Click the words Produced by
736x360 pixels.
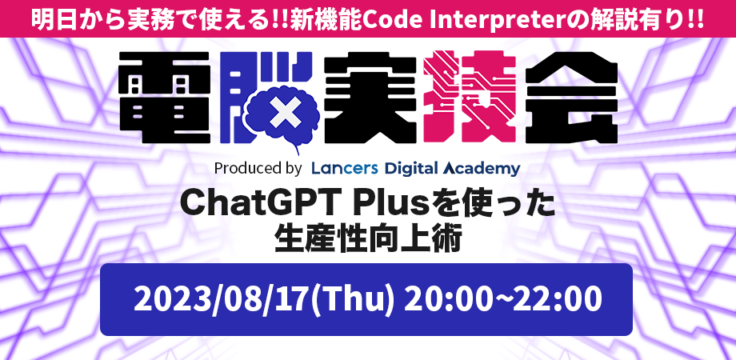tap(257, 169)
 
